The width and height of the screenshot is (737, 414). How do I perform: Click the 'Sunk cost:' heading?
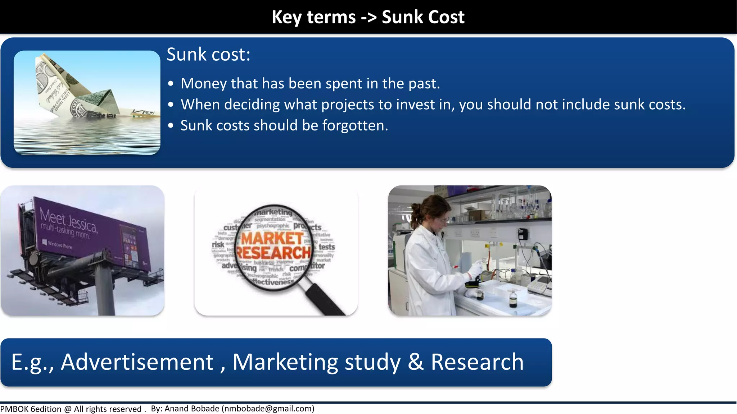(x=208, y=55)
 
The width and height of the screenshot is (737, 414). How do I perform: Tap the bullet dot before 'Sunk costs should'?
(x=171, y=126)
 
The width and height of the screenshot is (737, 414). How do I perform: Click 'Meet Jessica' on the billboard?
(x=68, y=219)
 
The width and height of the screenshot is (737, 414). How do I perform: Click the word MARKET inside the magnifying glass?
(x=272, y=238)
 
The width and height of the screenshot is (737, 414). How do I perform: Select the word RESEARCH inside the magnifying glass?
(x=273, y=253)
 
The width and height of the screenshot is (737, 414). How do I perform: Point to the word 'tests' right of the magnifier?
(x=327, y=247)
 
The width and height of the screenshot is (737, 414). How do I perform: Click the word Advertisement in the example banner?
(x=137, y=362)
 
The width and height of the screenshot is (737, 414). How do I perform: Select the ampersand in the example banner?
(x=415, y=362)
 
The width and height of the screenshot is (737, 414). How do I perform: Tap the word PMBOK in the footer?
(x=14, y=409)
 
